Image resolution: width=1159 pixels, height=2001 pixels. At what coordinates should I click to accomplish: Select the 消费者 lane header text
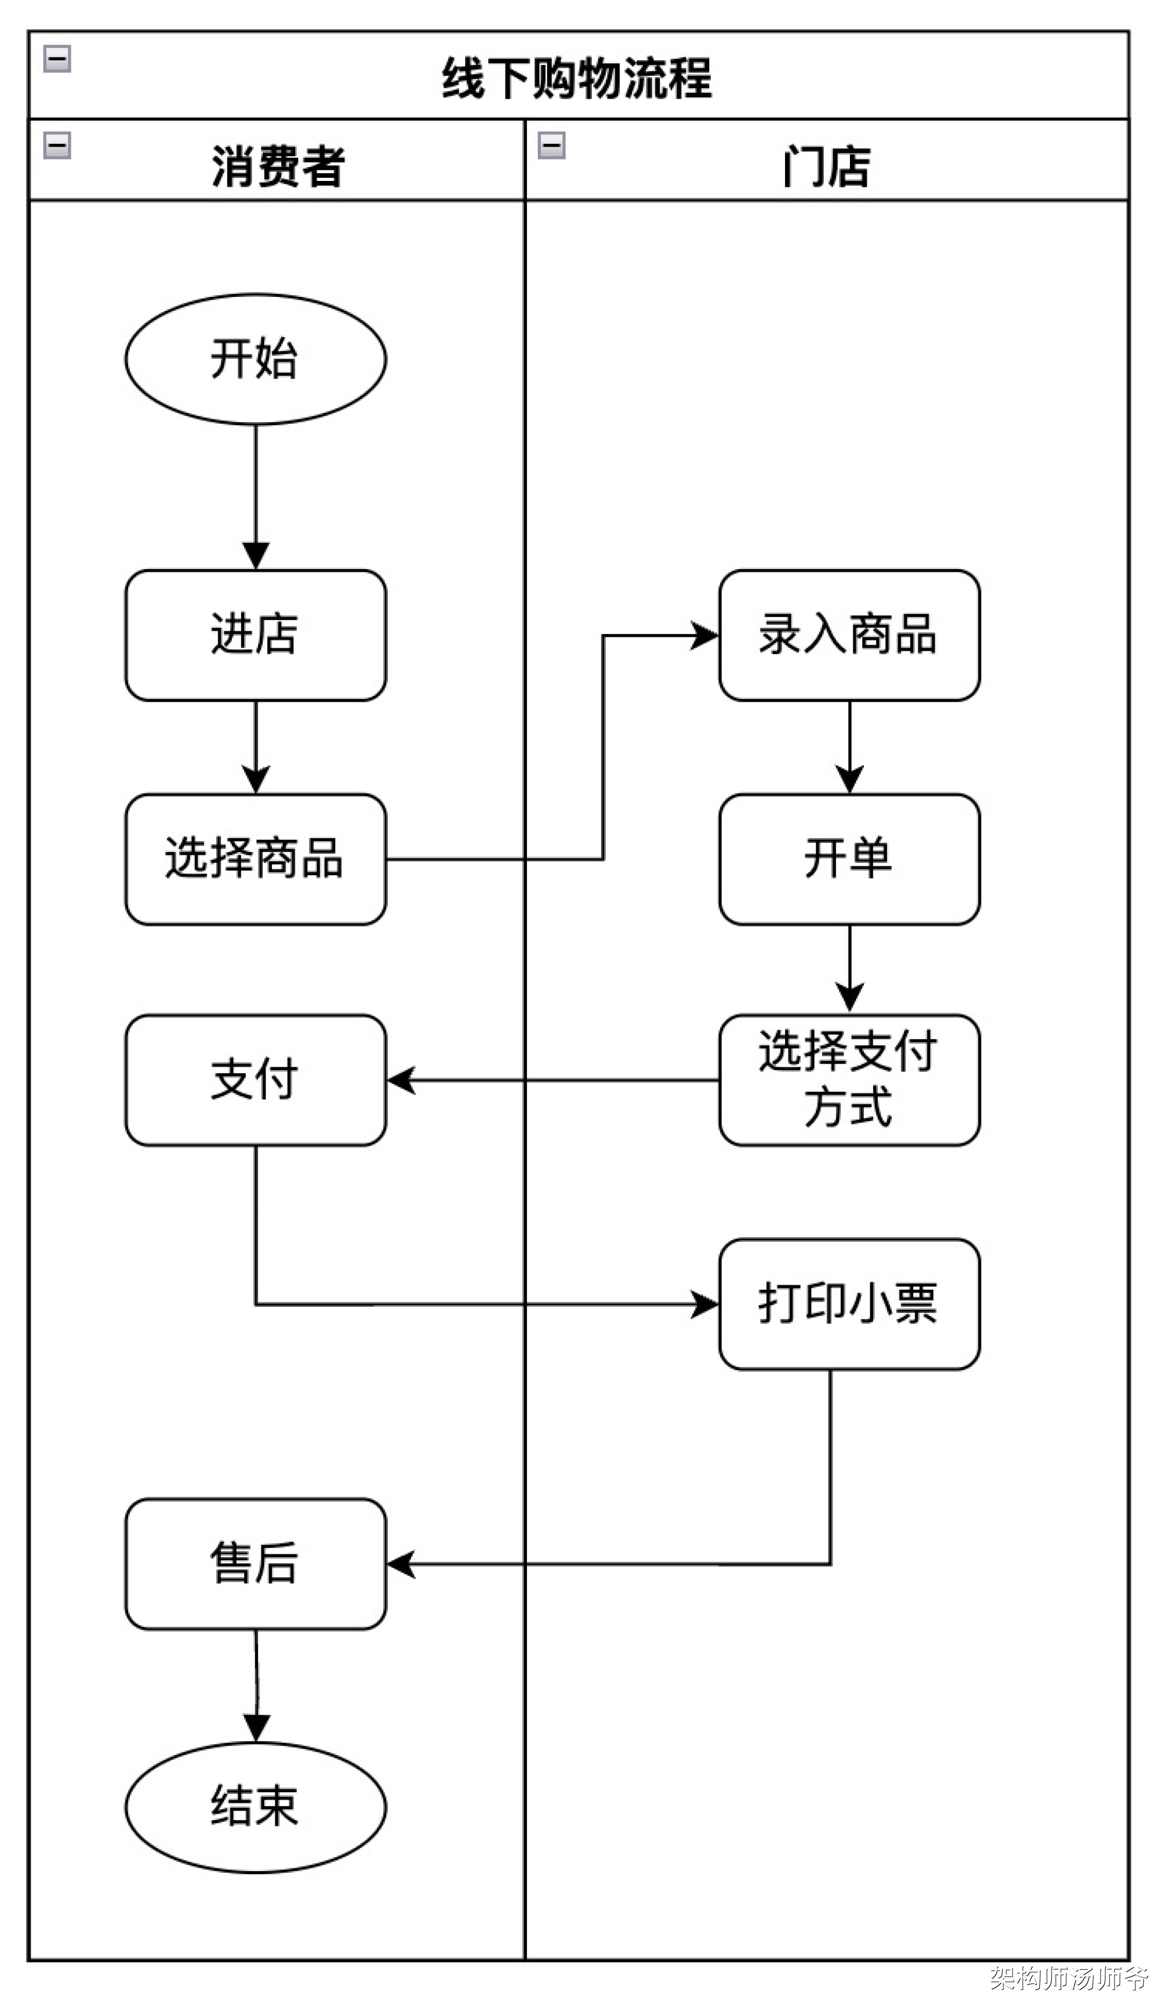(x=278, y=166)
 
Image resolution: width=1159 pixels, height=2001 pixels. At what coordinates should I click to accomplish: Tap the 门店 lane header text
(x=826, y=166)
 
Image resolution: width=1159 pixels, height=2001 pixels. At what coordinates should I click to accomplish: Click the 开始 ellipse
(x=255, y=359)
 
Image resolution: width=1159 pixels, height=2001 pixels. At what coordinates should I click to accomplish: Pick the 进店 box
(x=255, y=635)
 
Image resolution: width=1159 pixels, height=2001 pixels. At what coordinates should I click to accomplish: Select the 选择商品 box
(x=255, y=858)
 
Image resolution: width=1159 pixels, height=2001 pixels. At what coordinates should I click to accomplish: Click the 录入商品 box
(x=849, y=635)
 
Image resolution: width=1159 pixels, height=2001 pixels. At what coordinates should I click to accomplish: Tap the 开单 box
(x=849, y=858)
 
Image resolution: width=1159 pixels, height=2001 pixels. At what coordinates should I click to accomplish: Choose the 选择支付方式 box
(x=849, y=1079)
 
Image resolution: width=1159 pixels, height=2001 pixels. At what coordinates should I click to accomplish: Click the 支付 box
(x=255, y=1079)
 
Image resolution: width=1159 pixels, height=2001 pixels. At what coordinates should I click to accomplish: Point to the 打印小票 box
(x=849, y=1303)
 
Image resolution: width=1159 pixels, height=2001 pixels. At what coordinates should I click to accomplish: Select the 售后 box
(x=255, y=1563)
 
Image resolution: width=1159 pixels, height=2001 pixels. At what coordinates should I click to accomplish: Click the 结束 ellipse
(x=255, y=1807)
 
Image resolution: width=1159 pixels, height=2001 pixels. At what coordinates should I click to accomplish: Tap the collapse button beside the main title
(x=57, y=59)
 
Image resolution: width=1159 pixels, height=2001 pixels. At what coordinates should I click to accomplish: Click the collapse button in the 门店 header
(x=551, y=145)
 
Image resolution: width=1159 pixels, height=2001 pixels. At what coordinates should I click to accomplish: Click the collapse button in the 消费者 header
(x=57, y=145)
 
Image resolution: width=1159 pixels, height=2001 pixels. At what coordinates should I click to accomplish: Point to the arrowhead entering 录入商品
(x=705, y=635)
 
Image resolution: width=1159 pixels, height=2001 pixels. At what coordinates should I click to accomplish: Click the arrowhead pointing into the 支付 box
(x=401, y=1080)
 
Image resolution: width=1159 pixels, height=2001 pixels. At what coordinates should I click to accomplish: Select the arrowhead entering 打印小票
(x=705, y=1304)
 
